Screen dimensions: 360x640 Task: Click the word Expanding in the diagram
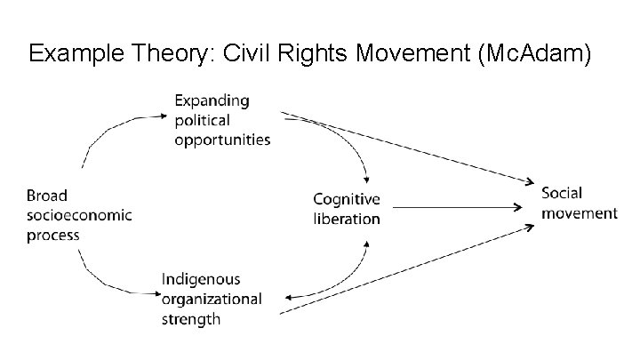[212, 100]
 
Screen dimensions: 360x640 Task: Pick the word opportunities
[223, 140]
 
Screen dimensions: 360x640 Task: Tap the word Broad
[46, 196]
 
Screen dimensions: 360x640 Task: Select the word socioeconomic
[79, 215]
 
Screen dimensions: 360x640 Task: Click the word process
[52, 236]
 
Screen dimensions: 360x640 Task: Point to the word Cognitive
[346, 199]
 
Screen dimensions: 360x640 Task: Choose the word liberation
[346, 219]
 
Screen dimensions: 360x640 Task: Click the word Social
[563, 193]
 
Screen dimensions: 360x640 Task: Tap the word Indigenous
[201, 280]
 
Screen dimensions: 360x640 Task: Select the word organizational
[212, 299]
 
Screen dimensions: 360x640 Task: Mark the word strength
[190, 319]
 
